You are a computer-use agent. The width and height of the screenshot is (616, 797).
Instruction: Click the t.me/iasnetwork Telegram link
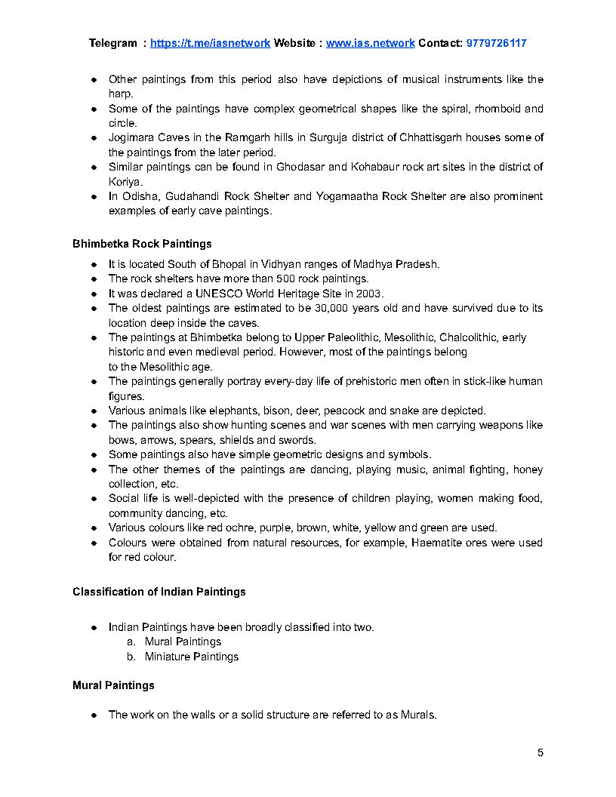pos(210,43)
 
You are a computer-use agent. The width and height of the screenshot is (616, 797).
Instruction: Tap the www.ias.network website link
pos(370,43)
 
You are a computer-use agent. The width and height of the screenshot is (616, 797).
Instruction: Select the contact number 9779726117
pos(497,43)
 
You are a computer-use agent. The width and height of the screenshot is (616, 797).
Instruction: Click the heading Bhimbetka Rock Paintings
pos(142,244)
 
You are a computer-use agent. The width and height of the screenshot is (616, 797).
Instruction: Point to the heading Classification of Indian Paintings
pos(159,592)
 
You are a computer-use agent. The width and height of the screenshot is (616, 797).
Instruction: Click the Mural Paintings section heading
pos(113,685)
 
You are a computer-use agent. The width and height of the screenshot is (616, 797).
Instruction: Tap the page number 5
pos(541,752)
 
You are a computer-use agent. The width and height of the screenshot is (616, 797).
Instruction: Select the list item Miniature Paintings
pos(192,657)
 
